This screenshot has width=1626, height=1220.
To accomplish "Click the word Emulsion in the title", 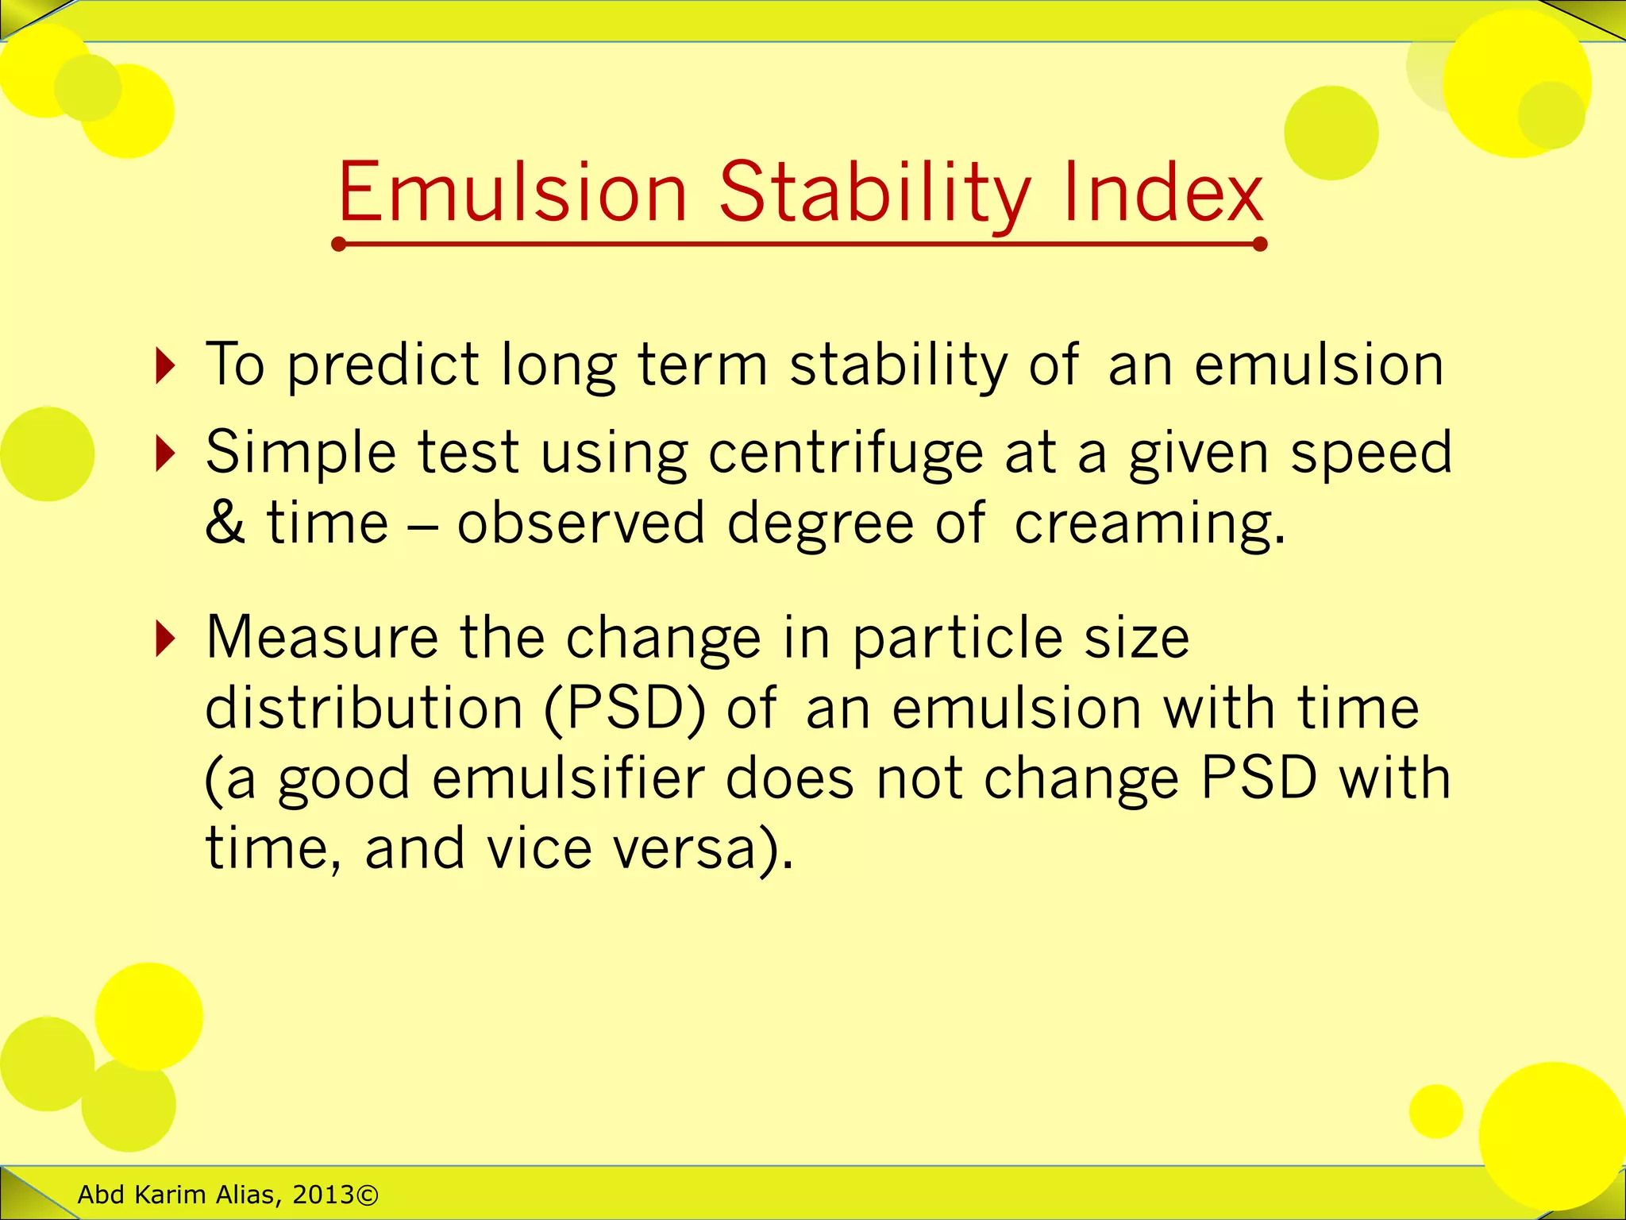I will [512, 192].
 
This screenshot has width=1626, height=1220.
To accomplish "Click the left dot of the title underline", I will [339, 244].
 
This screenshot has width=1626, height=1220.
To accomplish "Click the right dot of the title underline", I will [1259, 244].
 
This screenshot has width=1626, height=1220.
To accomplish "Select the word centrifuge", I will [846, 454].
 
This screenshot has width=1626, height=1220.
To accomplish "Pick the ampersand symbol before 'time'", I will [225, 524].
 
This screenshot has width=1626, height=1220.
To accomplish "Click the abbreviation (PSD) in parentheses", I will [625, 708].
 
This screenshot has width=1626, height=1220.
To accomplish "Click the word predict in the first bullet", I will [383, 366].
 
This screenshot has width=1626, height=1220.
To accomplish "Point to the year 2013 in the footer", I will [323, 1195].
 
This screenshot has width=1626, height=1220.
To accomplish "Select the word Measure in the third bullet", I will [322, 639].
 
